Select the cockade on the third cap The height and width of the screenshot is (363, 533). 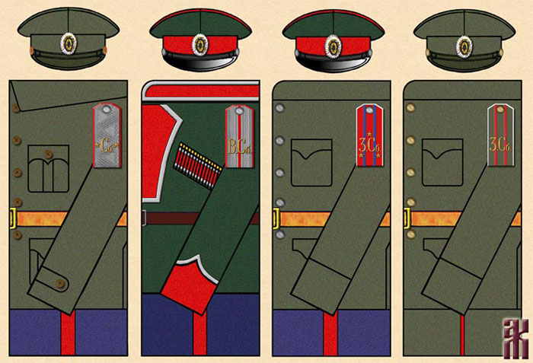click(332, 45)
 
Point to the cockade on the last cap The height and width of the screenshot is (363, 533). click(464, 45)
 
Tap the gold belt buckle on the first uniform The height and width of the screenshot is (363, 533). click(13, 219)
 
